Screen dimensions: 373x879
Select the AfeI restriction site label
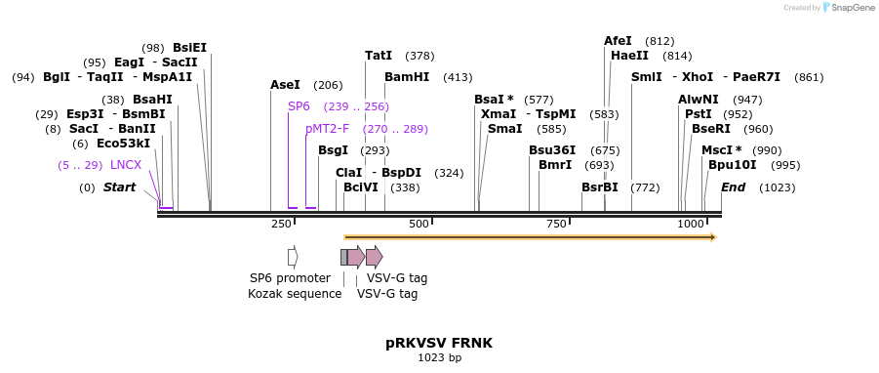618,41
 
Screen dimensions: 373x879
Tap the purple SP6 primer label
299,106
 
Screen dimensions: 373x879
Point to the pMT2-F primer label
327,129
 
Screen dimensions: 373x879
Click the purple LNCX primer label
126,165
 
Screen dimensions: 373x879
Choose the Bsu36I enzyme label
552,150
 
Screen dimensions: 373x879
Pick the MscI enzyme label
721,150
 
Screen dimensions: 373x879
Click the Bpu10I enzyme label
732,165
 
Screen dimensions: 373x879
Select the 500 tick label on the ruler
420,225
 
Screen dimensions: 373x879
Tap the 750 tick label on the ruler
556,225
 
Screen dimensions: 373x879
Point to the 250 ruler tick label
281,225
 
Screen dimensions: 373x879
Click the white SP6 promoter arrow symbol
293,257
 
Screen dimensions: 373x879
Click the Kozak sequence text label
295,294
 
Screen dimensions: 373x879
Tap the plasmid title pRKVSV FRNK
439,343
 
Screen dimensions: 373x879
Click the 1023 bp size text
439,358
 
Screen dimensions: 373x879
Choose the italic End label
733,187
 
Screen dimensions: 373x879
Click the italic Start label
119,187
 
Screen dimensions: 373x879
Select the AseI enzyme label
285,85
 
